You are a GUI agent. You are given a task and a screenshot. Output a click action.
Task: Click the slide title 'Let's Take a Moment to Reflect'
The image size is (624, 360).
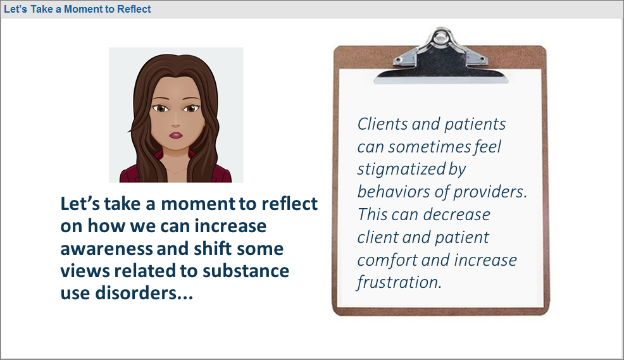77,9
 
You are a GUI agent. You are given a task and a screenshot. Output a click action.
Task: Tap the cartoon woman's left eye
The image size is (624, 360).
190,108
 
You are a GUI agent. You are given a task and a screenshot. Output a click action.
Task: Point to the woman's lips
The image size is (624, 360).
175,135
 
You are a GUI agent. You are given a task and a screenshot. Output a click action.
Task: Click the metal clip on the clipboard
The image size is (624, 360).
440,56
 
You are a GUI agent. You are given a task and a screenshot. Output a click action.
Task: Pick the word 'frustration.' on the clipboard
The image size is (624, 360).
399,282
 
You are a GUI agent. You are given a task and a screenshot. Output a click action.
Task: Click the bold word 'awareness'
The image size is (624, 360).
106,249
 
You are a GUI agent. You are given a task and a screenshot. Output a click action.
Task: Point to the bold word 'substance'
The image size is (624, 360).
246,271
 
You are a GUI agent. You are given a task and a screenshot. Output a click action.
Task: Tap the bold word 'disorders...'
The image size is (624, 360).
144,293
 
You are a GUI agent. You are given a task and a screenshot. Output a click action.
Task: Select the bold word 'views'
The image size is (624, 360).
85,271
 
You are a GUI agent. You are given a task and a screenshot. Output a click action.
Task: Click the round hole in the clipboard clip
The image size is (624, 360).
440,38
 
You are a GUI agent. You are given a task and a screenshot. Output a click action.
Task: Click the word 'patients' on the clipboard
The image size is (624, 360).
475,125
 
